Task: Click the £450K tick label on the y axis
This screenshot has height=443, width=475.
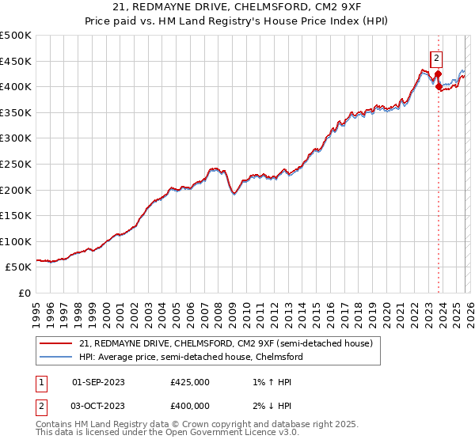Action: click(16, 61)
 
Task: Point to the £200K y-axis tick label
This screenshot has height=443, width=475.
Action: click(16, 190)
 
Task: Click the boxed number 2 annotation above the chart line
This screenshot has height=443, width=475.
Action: click(437, 57)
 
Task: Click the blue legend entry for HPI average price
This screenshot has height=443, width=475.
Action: click(190, 357)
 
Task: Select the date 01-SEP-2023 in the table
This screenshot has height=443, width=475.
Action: click(98, 382)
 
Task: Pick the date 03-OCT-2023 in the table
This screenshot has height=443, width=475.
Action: click(98, 406)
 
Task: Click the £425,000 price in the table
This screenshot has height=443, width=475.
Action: click(190, 382)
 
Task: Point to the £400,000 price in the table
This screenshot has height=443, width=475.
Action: click(190, 406)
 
